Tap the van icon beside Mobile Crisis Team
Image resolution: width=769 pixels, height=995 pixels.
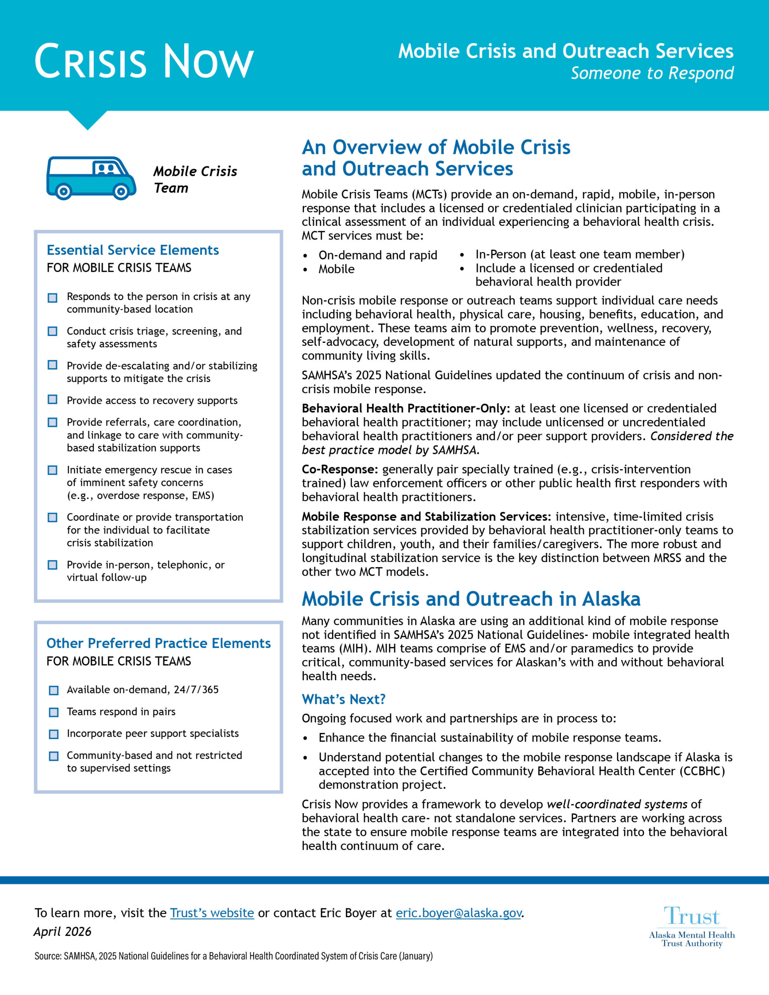[x=91, y=178]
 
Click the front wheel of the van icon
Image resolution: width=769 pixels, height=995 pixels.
[x=121, y=191]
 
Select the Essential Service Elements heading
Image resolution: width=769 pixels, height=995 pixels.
[x=133, y=250]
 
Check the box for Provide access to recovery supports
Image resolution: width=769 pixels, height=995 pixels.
[x=53, y=400]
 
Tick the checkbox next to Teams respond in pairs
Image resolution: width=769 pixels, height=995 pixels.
[x=54, y=712]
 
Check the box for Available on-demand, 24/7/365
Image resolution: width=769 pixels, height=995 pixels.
[x=54, y=690]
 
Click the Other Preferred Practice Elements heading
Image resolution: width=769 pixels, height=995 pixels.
[x=158, y=643]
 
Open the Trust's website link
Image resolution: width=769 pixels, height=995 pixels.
[x=212, y=913]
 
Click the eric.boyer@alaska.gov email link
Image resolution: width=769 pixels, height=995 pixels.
[x=458, y=913]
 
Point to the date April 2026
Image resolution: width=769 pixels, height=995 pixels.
[x=63, y=932]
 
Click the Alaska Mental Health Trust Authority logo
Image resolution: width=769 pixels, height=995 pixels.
[x=692, y=927]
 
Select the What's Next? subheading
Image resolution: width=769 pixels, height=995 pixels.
[x=343, y=699]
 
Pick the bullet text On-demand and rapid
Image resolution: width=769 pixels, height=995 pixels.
[x=378, y=255]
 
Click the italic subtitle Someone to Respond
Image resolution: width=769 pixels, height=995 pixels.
[x=652, y=73]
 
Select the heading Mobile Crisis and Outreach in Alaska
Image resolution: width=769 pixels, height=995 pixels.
[x=471, y=599]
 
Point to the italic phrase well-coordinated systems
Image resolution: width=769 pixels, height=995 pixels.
[x=617, y=804]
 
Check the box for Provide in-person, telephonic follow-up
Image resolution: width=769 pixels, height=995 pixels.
[x=53, y=565]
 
